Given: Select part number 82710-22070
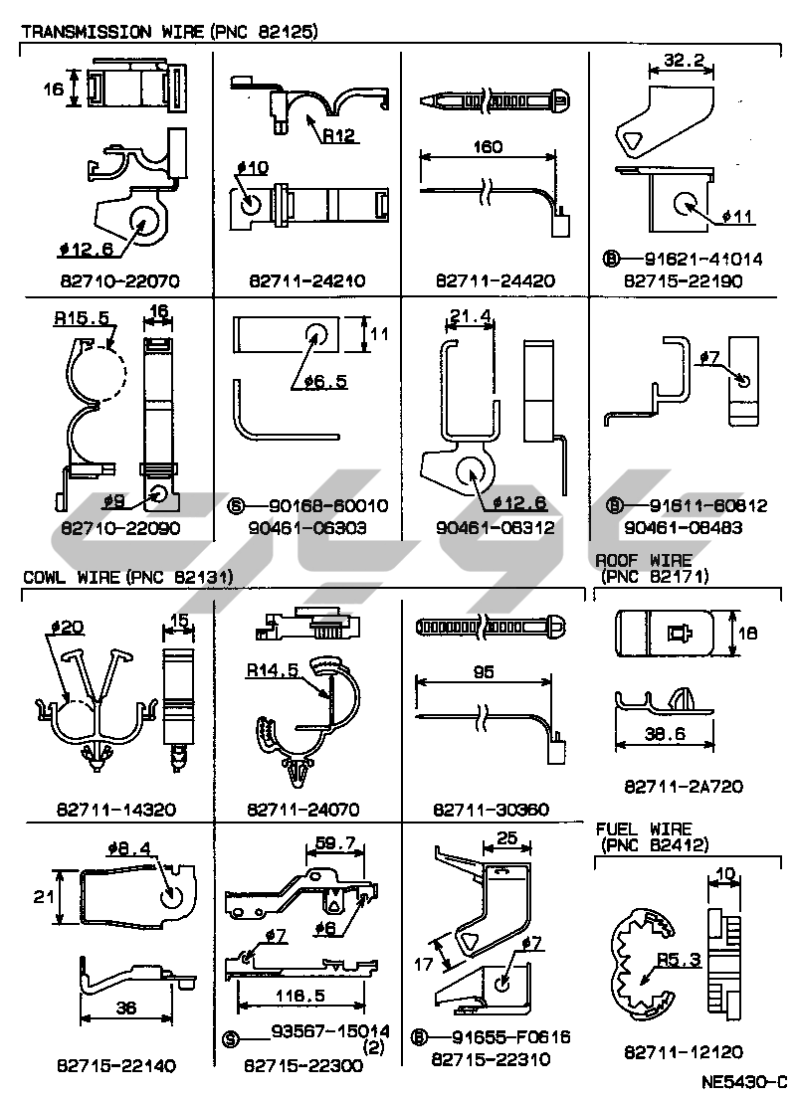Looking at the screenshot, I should point(118,280).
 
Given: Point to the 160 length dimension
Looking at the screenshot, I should point(488,146).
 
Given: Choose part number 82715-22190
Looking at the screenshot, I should point(683,280).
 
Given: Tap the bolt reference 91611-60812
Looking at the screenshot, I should point(696,506).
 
